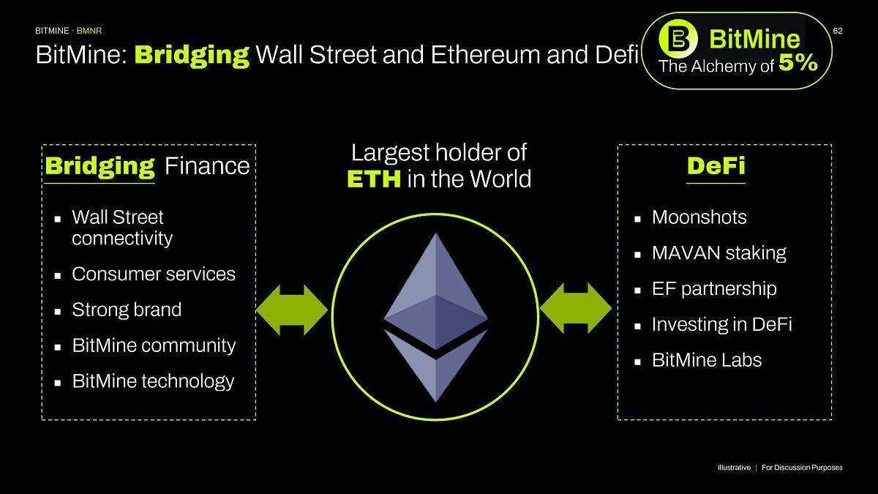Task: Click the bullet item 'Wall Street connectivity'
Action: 122,228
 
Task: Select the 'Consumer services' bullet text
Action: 154,274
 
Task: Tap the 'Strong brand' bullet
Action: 127,310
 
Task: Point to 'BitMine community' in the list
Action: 154,345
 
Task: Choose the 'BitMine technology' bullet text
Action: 153,381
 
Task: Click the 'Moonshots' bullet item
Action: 699,217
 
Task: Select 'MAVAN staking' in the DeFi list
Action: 718,253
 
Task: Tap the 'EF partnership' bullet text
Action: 713,289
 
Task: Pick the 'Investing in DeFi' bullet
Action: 721,324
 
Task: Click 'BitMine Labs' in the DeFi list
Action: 706,360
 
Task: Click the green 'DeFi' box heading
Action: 716,166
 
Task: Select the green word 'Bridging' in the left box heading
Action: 100,166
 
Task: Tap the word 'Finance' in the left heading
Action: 207,167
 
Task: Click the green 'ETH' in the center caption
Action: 374,179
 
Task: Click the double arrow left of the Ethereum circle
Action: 292,310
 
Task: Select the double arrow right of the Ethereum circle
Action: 576,310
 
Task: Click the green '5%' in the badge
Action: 798,64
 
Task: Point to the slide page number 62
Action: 838,31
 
